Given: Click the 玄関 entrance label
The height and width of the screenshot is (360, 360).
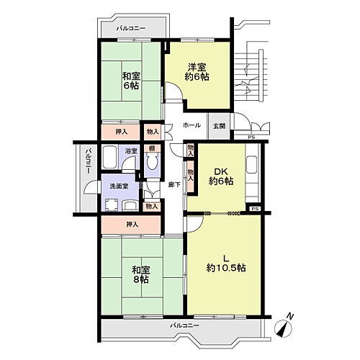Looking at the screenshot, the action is (x=220, y=126).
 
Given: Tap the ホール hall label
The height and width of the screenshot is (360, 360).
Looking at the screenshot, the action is (x=192, y=125).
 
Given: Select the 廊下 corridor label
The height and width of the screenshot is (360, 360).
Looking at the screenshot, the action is (x=174, y=184).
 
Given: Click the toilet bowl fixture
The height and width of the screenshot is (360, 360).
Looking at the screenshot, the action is (x=152, y=162).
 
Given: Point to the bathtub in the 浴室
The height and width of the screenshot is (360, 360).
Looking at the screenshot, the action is (x=110, y=157).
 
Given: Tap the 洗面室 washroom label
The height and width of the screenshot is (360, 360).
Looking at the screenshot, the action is (x=119, y=186).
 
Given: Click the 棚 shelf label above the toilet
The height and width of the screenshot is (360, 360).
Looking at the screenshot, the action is (x=152, y=148).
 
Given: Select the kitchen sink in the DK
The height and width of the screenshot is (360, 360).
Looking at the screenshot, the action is (x=252, y=165).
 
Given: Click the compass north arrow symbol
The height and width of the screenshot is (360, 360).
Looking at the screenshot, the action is (x=285, y=326).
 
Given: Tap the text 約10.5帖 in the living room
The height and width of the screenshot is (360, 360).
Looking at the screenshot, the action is (x=226, y=268).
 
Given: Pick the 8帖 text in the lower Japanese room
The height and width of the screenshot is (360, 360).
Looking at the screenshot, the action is (x=141, y=279).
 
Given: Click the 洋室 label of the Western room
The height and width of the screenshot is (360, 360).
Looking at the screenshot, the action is (x=197, y=68).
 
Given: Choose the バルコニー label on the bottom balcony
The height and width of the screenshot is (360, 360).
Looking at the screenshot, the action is (x=184, y=325).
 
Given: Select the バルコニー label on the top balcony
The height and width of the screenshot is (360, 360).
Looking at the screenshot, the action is (x=131, y=28).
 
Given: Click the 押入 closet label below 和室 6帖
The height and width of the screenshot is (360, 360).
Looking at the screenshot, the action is (x=122, y=132).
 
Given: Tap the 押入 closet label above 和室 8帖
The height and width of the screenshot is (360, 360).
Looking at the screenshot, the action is (x=132, y=225).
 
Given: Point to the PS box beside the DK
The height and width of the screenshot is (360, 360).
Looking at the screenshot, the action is (x=255, y=209).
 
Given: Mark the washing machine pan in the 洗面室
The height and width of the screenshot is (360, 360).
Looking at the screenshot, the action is (x=112, y=205).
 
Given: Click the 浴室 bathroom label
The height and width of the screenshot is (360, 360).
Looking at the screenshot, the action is (x=131, y=151).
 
